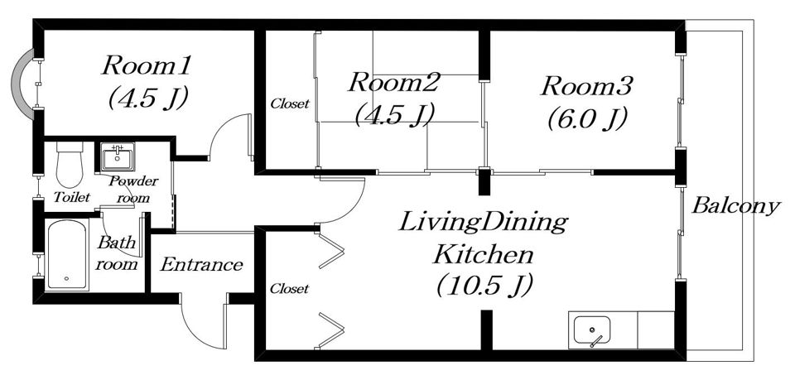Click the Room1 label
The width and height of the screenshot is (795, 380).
[146, 66]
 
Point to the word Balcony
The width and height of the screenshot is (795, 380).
[735, 206]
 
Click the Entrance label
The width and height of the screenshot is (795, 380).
[201, 264]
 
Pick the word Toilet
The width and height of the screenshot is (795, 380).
[71, 196]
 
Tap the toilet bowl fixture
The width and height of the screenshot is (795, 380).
[70, 165]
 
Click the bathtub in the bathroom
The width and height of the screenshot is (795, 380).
[67, 255]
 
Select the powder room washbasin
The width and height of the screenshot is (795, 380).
[118, 156]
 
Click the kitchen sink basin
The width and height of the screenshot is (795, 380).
[591, 331]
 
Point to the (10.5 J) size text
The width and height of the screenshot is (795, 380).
[484, 286]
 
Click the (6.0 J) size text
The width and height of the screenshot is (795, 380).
[586, 119]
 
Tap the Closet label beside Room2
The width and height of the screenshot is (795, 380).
[290, 103]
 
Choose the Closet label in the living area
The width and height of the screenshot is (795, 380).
[289, 289]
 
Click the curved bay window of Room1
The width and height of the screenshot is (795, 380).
[19, 84]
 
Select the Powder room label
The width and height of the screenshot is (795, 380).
[133, 190]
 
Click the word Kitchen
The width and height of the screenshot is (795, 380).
[483, 254]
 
